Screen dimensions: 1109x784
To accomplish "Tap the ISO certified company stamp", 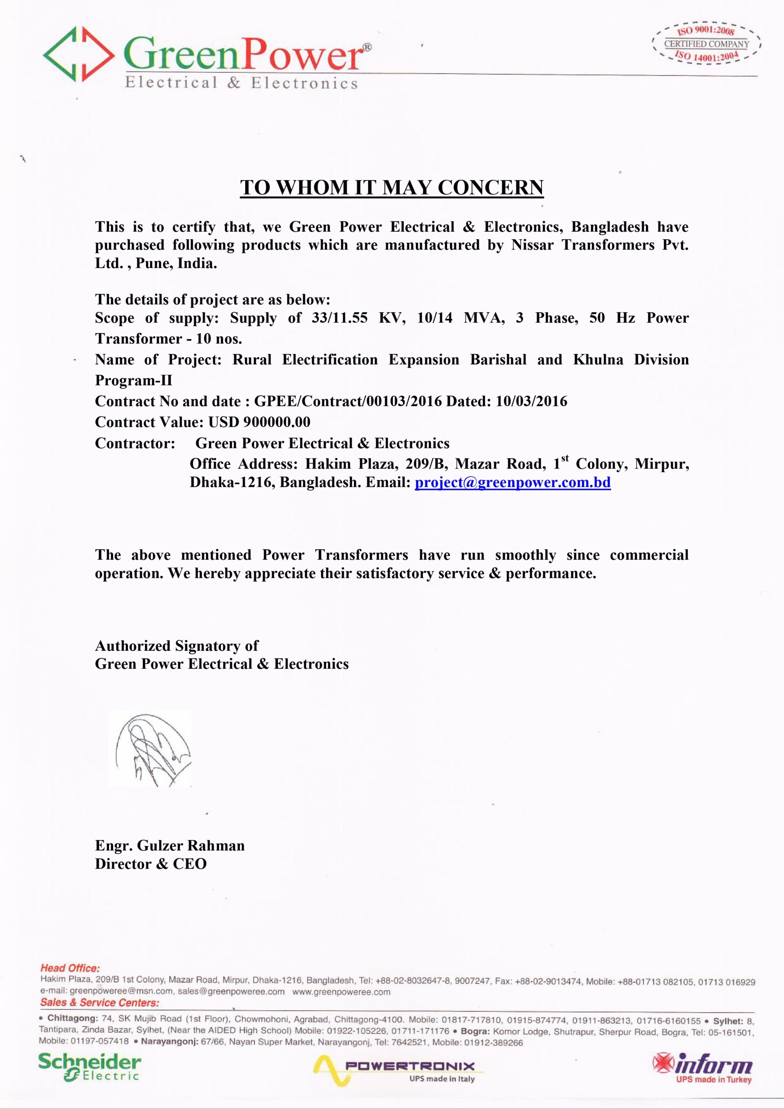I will pos(706,45).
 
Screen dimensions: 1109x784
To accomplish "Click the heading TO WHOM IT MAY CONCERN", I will pos(392,188).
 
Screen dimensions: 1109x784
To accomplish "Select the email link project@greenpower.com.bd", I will pos(512,482).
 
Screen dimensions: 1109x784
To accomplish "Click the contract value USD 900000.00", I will pos(259,422).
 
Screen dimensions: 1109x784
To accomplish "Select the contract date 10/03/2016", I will pos(531,402).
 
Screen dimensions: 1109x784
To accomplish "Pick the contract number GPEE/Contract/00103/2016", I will pos(348,402).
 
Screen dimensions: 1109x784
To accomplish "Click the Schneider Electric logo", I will pos(90,1068).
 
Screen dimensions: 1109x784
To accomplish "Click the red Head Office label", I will pos(70,968).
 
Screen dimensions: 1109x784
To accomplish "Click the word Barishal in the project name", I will pos(498,360).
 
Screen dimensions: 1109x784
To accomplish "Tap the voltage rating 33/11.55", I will pos(339,318).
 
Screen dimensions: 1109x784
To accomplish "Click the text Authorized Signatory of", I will pos(176,646).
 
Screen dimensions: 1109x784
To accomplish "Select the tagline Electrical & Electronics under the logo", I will pos(242,83).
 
